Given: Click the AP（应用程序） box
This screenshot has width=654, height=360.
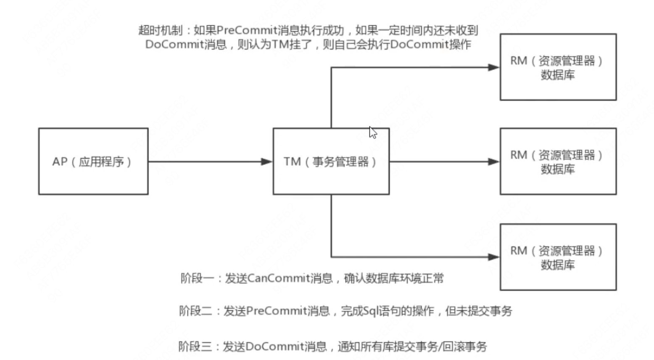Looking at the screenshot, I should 93,161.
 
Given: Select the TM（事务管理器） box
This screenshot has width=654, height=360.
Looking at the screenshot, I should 331,161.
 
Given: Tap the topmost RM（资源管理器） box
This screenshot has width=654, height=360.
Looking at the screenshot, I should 558,67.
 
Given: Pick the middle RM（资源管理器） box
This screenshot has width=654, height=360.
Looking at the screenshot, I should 558,161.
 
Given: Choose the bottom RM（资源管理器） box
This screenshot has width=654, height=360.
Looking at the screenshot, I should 558,257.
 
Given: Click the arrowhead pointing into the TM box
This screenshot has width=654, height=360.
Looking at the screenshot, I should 267,161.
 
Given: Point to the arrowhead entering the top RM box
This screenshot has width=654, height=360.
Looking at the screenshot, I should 493,67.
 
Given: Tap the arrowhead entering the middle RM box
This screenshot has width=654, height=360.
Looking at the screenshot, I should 493,161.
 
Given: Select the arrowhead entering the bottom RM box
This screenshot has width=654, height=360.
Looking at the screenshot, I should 493,257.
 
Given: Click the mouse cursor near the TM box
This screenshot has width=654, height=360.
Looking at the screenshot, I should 372,132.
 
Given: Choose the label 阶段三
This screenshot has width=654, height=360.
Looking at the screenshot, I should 195,347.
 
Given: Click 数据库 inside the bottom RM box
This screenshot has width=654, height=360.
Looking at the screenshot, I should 558,265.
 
